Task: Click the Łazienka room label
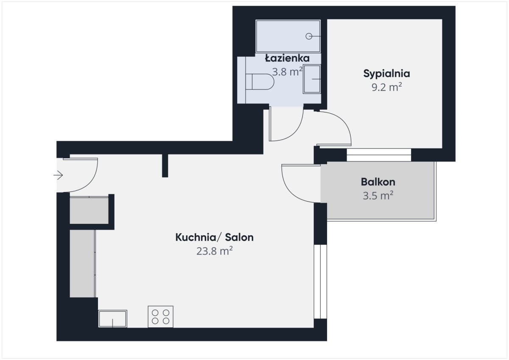[287, 58]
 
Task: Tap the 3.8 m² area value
[287, 72]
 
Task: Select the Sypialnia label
[386, 74]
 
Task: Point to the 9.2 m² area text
[386, 87]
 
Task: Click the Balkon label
[378, 182]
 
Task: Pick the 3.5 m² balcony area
[378, 195]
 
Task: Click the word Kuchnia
[196, 237]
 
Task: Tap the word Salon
[239, 237]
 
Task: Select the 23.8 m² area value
[215, 251]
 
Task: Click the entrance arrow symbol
[58, 175]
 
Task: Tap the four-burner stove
[160, 317]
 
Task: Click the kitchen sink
[113, 319]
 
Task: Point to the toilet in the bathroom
[260, 82]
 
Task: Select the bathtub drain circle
[309, 36]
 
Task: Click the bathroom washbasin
[312, 79]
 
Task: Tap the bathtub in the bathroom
[288, 36]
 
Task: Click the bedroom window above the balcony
[379, 155]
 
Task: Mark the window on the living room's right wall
[320, 282]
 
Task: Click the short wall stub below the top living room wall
[165, 165]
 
